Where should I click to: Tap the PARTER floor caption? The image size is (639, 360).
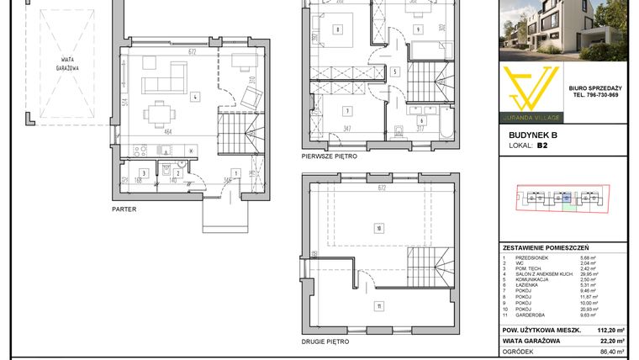tap(124, 209)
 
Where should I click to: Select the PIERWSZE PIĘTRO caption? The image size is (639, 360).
tap(330, 156)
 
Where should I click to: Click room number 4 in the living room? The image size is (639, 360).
tap(194, 97)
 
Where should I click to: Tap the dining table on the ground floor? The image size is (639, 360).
tap(157, 112)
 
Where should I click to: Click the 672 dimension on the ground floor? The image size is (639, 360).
tap(192, 52)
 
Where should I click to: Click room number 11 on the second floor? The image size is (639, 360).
tap(379, 306)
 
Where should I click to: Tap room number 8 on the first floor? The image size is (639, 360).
tap(337, 30)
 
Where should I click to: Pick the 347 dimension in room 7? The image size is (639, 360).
tap(346, 130)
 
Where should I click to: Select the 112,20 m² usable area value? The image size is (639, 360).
tap(610, 331)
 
